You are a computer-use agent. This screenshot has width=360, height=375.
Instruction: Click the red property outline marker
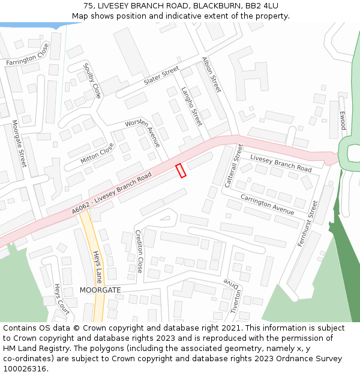click(181, 170)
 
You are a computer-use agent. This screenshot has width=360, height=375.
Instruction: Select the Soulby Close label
click(92, 81)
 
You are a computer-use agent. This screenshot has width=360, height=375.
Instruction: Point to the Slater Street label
click(161, 76)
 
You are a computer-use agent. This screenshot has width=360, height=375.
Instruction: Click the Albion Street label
click(212, 75)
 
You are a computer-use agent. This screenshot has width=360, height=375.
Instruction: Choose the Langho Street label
click(191, 106)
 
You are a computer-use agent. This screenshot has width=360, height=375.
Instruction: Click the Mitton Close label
click(97, 153)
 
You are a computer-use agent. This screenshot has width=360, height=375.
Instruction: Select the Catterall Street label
click(232, 166)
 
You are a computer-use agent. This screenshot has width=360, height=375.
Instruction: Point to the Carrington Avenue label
click(267, 204)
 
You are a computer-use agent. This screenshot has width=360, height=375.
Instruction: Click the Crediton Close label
click(139, 251)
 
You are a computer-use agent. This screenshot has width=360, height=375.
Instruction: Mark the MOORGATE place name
click(100, 290)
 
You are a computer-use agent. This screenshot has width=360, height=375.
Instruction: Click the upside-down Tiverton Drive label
click(233, 295)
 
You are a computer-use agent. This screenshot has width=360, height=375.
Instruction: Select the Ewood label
click(343, 121)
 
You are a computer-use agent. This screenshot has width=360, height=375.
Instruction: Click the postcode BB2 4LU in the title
click(261, 5)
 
